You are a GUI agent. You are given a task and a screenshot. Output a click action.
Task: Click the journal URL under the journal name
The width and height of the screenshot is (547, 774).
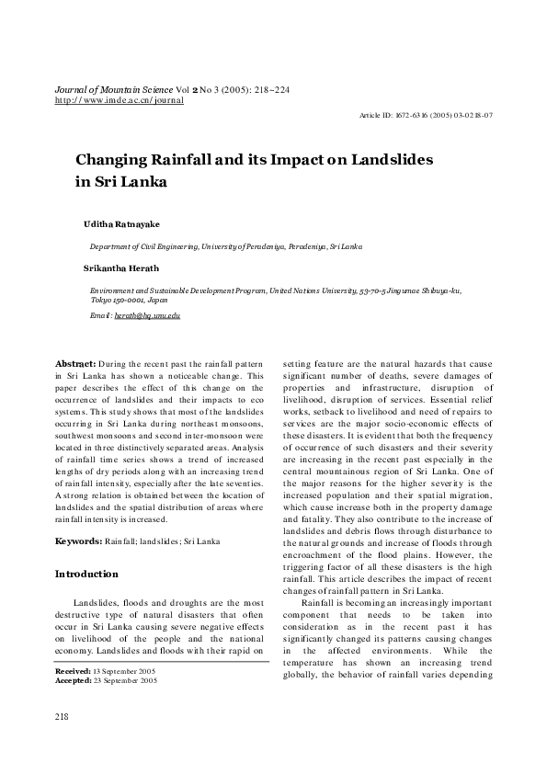120,99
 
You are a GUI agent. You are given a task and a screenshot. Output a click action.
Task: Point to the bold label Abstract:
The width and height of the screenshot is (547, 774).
75,364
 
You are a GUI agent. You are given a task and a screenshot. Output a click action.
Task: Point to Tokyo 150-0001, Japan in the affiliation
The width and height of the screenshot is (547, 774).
129,300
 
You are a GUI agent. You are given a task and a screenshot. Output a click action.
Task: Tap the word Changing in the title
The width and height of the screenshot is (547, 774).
114,159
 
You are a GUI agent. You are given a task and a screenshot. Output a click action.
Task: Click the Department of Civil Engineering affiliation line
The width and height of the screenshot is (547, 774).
225,247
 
